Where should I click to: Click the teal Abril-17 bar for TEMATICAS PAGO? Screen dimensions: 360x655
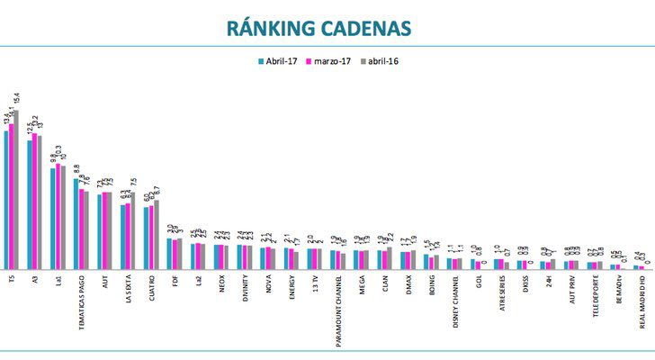click(x=76, y=223)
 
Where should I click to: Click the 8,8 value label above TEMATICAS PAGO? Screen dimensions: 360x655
click(x=77, y=169)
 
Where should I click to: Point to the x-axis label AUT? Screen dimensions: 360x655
click(x=104, y=282)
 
